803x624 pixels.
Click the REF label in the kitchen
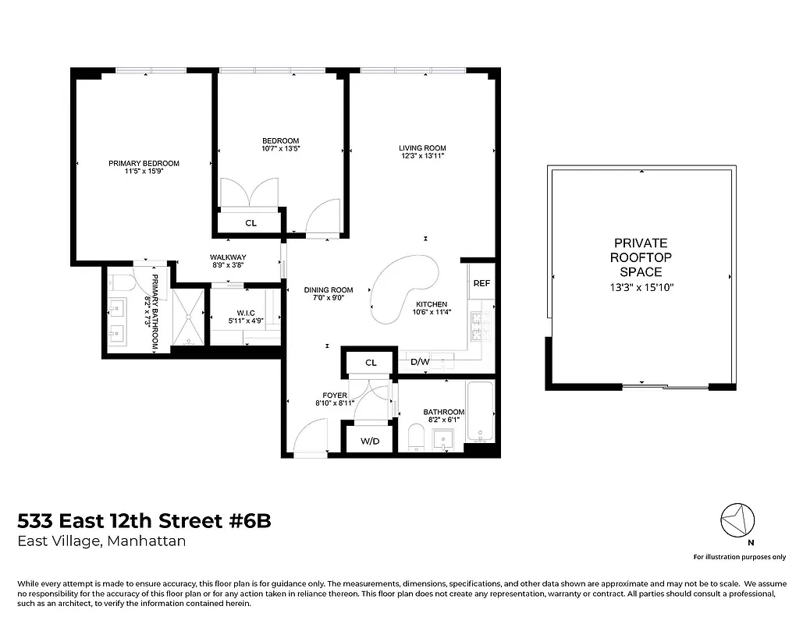pos(481,283)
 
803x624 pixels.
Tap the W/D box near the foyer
pos(370,441)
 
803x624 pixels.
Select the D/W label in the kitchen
pos(419,362)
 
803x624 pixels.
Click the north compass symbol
pos(738,519)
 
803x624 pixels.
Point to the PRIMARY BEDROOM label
pos(144,163)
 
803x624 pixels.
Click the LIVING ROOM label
pos(422,148)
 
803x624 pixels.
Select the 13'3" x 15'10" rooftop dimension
pos(641,287)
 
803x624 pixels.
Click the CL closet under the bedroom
pos(250,223)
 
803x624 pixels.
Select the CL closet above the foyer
pos(371,363)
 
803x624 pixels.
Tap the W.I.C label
pos(246,312)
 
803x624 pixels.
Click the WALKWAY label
pos(228,257)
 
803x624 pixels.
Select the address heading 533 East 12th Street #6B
pos(144,521)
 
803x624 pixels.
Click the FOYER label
pos(335,395)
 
